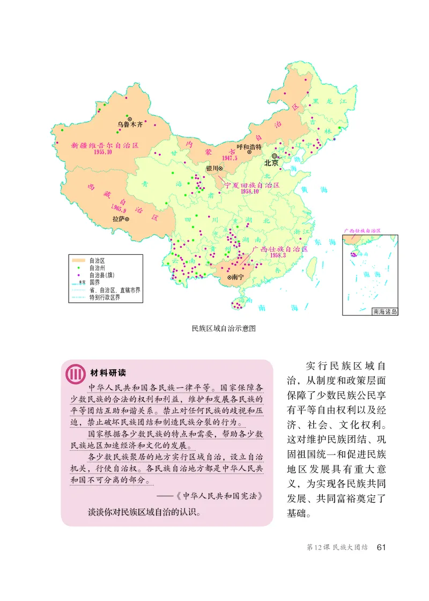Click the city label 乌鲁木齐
pos(130,124)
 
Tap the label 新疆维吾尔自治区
pos(105,145)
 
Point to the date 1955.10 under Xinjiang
pos(102,152)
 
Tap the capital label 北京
pos(271,163)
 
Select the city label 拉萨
pos(117,219)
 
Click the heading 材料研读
pos(108,373)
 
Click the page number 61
pos(381,547)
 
